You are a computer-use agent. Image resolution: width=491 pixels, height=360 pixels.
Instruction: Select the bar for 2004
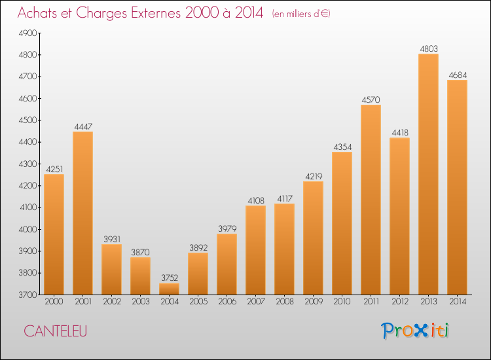coord(169,289)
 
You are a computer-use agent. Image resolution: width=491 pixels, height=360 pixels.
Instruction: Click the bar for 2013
coord(428,174)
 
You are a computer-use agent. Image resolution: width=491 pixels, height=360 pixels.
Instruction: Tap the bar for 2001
coord(82,213)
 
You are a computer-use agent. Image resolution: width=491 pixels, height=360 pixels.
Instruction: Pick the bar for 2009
coord(313,238)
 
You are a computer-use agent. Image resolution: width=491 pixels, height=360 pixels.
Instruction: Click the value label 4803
coord(429,49)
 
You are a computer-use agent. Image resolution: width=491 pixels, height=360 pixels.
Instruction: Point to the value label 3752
coord(170,278)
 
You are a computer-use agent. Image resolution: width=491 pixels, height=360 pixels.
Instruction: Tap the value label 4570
coord(371,100)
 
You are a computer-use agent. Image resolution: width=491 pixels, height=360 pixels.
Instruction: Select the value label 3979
coord(227,228)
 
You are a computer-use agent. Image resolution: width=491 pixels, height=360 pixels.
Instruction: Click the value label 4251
coord(54,170)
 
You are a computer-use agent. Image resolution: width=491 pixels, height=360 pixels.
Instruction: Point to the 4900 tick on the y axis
coord(27,33)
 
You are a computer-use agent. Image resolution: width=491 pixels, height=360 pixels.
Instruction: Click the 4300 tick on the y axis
coord(27,164)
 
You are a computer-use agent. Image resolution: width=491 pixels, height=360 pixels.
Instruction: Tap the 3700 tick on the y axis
coord(27,295)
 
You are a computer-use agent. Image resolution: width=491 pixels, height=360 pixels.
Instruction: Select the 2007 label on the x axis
coord(256,302)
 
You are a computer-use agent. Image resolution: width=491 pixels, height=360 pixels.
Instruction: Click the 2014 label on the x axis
coord(458,302)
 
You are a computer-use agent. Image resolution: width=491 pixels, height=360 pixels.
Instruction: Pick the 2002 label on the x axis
coord(112,302)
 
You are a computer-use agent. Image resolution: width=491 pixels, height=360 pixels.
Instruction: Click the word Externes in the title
coord(156,12)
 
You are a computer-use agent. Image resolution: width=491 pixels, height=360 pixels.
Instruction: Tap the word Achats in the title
coord(37,12)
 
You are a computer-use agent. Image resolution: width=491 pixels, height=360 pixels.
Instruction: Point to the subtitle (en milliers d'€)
coord(301,14)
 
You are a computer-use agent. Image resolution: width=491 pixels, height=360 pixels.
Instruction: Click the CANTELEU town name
coord(56,331)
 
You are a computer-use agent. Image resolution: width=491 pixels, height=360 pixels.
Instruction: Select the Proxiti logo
coord(415,331)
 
